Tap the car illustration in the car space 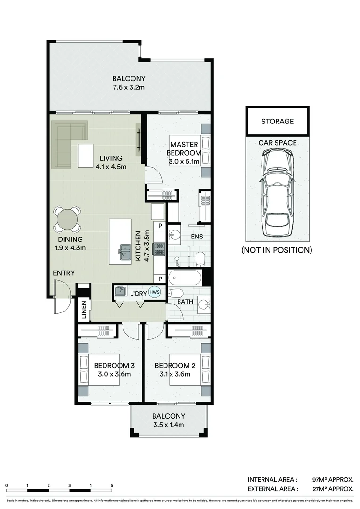click(278, 194)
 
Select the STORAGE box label click(278, 121)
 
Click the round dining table click(67, 220)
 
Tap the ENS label click(197, 237)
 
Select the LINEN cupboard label click(83, 310)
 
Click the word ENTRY click(64, 273)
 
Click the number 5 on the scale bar click(112, 485)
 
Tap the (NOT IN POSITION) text click(277, 250)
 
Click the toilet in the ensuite click(200, 258)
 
